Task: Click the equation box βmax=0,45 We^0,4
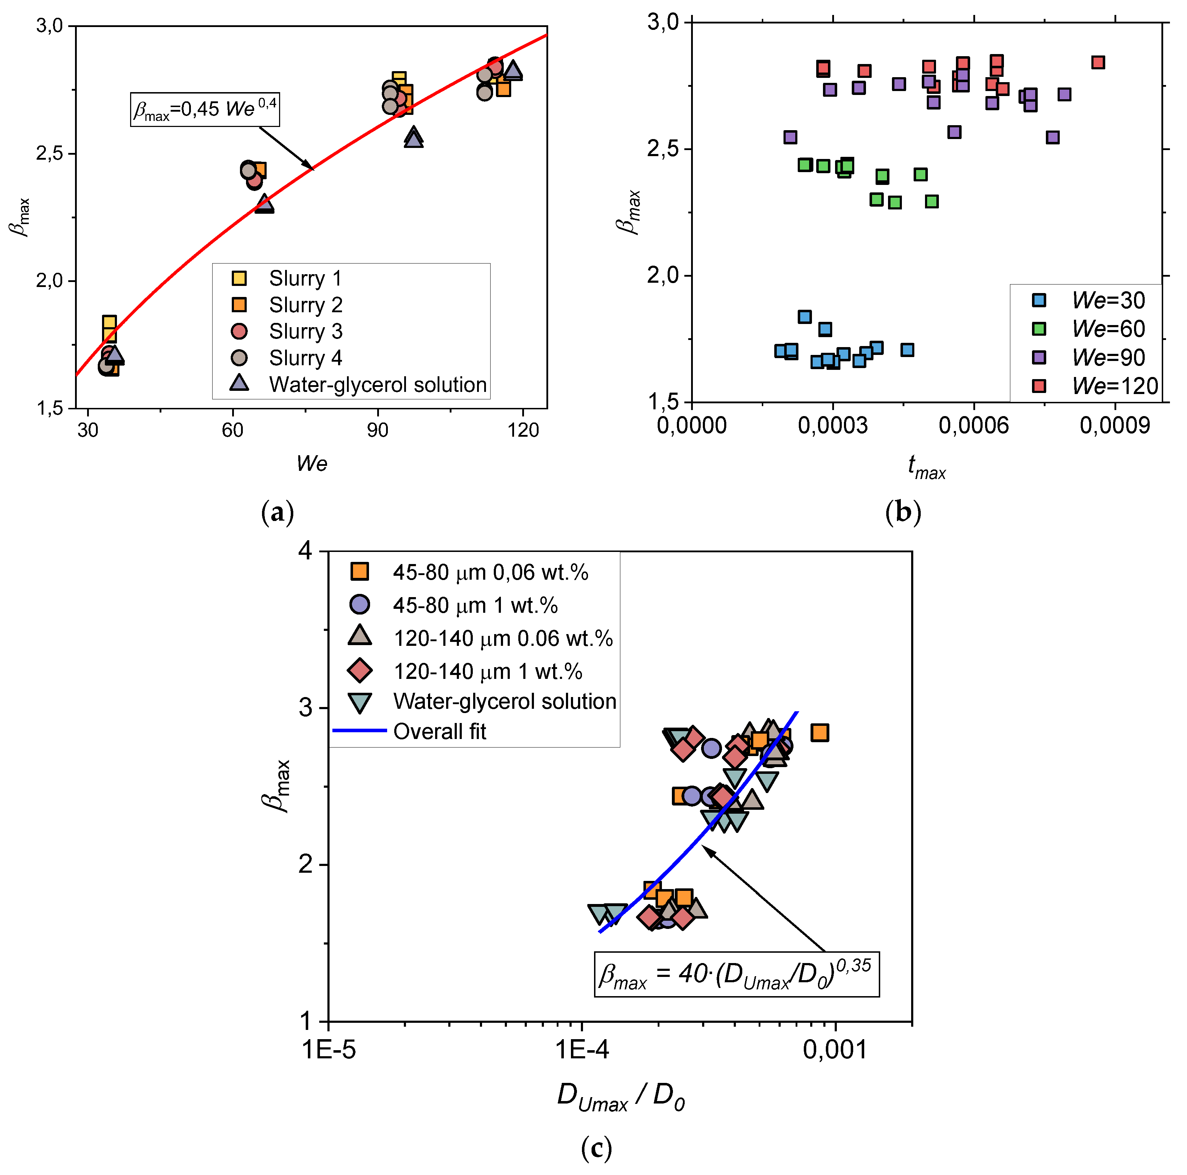click(x=205, y=110)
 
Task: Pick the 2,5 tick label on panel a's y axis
click(x=49, y=153)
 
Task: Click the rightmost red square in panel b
click(x=1098, y=62)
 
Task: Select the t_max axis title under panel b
click(x=926, y=467)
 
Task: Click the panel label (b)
click(x=903, y=512)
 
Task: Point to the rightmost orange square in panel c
click(x=820, y=732)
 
